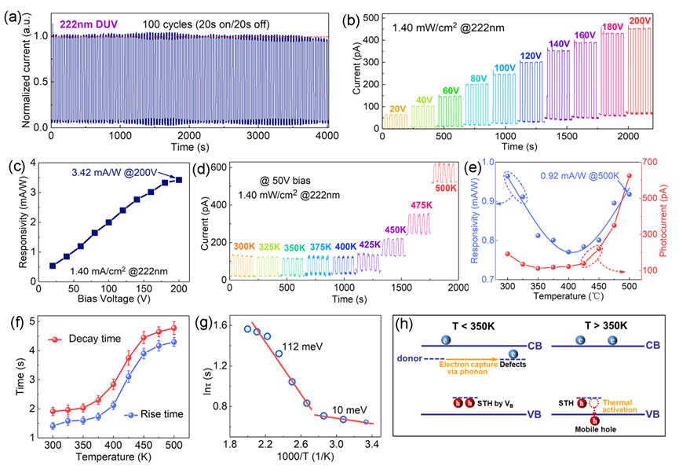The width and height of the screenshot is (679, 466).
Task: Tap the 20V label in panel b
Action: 398,108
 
